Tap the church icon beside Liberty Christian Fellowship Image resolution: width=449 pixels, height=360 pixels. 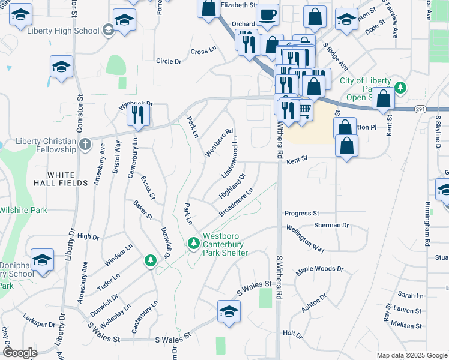point(85,144)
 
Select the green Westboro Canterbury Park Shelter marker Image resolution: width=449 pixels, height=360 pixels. point(193,243)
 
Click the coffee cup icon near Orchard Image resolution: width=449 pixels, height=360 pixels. point(267,14)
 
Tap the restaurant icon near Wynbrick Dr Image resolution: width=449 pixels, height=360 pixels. point(139,114)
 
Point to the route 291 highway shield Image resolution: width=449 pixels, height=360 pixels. point(420,109)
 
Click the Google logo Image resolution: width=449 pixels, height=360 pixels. point(20,353)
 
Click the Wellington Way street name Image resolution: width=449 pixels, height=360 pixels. point(305,238)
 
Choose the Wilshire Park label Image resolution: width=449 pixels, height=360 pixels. point(23,211)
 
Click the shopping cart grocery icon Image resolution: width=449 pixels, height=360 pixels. point(305,109)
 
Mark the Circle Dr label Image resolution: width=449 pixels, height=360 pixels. point(169,61)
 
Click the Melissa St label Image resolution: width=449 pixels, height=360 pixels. point(406,325)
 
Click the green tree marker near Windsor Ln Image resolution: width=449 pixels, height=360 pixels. point(151,260)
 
